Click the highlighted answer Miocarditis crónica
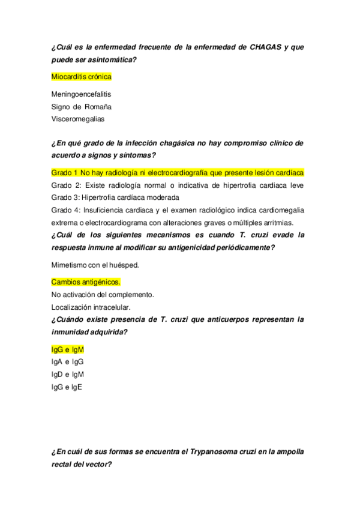click(x=82, y=76)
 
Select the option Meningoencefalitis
click(x=81, y=94)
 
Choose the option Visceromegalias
click(x=78, y=119)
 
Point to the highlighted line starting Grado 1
click(x=178, y=172)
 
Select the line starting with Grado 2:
click(x=178, y=185)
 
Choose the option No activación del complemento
click(x=103, y=294)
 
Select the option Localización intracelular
click(x=91, y=307)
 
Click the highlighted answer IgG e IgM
click(x=68, y=349)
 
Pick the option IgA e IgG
click(x=67, y=361)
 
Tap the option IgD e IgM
click(x=68, y=374)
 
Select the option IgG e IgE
click(x=67, y=387)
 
